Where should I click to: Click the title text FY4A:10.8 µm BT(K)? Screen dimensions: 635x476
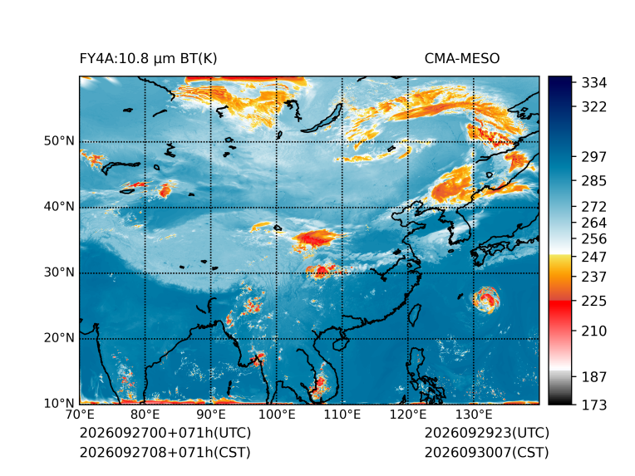click(148, 59)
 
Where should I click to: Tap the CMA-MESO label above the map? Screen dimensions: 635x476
click(462, 59)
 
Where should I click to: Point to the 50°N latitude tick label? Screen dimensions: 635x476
click(59, 141)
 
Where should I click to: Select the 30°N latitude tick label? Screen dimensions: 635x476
click(59, 272)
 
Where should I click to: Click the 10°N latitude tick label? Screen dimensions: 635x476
click(59, 403)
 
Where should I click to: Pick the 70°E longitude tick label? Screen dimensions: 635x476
click(80, 415)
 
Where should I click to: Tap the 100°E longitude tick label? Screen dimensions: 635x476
click(277, 415)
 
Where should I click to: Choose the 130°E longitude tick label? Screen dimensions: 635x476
click(474, 415)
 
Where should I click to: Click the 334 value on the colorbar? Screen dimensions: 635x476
click(594, 83)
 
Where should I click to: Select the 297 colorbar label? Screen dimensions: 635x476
click(594, 157)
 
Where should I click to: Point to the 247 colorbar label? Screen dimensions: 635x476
click(594, 257)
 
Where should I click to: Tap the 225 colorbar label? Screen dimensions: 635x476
click(594, 302)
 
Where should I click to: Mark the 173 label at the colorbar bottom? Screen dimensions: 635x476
click(594, 405)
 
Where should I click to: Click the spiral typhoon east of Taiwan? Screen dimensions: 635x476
click(486, 300)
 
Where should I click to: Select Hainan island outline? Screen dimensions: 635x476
click(341, 343)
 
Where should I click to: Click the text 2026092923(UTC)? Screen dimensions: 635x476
click(487, 433)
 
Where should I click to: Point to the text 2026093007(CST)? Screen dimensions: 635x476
click(487, 452)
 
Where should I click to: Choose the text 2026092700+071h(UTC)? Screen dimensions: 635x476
click(165, 433)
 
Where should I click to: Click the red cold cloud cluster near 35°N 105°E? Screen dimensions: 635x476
click(315, 238)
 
